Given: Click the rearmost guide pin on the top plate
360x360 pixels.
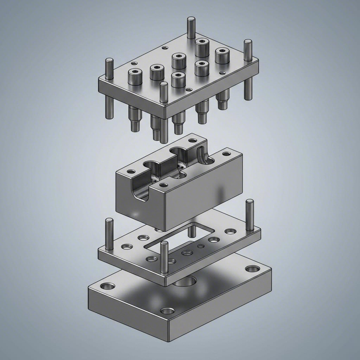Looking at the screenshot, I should click(x=191, y=27).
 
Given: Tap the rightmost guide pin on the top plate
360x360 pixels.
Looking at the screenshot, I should click(x=248, y=50).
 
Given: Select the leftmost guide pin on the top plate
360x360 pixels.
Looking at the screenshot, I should click(x=109, y=69).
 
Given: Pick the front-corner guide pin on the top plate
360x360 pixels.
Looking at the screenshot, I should click(x=163, y=93).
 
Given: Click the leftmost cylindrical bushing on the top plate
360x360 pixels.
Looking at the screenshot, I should click(x=135, y=77).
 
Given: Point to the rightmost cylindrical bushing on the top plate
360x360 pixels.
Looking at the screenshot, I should click(x=222, y=56).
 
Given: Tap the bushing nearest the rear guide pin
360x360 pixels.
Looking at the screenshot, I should click(x=202, y=47).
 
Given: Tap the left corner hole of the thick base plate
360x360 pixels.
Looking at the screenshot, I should click(x=107, y=286).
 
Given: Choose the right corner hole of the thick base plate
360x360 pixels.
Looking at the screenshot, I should click(x=252, y=269).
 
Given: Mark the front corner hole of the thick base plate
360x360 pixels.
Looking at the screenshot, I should click(x=168, y=311).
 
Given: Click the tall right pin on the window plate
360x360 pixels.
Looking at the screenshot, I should click(x=250, y=215).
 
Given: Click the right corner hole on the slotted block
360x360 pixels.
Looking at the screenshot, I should click(x=226, y=154).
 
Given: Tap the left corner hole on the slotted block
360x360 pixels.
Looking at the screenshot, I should click(x=131, y=172).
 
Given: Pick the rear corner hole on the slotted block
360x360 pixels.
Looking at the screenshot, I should click(x=193, y=140).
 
